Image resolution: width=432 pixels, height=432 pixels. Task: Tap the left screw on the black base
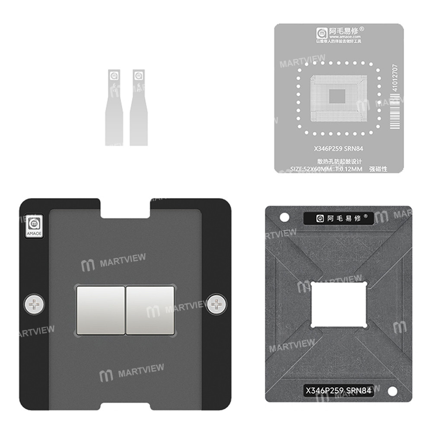[x=33, y=305]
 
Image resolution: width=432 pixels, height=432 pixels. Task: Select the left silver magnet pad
[x=100, y=310]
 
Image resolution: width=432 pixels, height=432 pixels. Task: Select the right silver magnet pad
[x=149, y=310]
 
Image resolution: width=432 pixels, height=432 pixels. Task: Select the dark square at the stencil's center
[x=339, y=96]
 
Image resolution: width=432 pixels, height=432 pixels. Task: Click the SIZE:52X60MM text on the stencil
[x=310, y=169]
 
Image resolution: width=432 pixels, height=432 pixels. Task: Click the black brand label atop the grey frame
[x=338, y=219]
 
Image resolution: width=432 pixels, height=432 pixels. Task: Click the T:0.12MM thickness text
[x=349, y=169]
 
